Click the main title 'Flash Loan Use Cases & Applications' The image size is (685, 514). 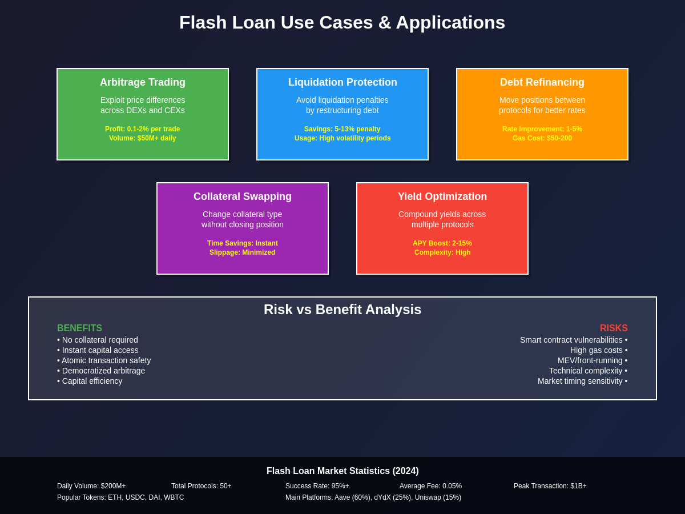tap(342, 22)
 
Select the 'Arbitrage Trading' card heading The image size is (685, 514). tap(143, 82)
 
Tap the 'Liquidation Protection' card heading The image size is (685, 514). tap(342, 82)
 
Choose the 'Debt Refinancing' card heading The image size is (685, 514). tap(542, 82)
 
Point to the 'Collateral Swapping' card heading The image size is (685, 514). tap(243, 196)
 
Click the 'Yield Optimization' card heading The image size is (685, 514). tap(442, 196)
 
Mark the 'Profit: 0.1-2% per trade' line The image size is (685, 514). tap(143, 129)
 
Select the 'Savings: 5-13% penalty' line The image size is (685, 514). tap(342, 129)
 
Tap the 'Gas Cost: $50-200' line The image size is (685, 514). tap(542, 138)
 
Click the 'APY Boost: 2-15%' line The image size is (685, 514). tap(442, 243)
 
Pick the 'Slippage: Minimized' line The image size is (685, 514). tap(243, 252)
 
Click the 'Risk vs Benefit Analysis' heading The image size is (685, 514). tap(342, 310)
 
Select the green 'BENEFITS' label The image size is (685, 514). tap(79, 328)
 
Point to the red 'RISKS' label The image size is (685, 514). tap(614, 328)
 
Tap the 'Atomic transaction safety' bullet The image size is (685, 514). tap(104, 360)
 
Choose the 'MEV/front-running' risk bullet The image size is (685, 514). tap(592, 360)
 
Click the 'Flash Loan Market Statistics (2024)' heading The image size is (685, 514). tap(342, 471)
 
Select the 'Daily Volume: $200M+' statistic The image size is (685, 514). tap(91, 486)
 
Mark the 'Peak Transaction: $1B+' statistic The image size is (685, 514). tap(550, 486)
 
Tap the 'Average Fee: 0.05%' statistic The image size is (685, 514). tap(430, 486)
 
